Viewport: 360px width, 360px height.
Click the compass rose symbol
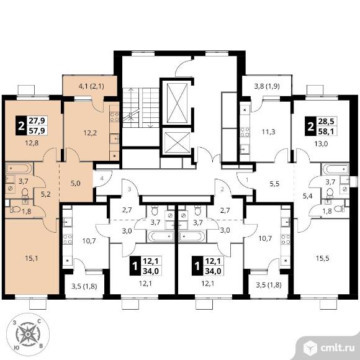click(x=27, y=335)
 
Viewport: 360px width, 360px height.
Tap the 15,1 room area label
click(x=32, y=259)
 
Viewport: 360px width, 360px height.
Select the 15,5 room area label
click(x=322, y=258)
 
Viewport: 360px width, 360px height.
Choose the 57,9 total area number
click(x=37, y=130)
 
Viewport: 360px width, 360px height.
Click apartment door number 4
click(x=102, y=178)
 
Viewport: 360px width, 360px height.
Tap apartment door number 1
click(x=247, y=180)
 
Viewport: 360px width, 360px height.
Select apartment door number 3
click(x=130, y=189)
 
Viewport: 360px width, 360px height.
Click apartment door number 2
click(x=222, y=189)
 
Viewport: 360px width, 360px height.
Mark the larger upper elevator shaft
click(x=177, y=103)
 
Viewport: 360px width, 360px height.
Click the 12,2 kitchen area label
click(x=90, y=133)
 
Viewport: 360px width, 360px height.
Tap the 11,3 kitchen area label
click(x=268, y=132)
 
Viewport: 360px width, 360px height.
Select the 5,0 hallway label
click(x=76, y=183)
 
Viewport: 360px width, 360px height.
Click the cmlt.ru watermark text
click(x=338, y=348)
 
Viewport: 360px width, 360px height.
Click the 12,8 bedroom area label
click(x=32, y=143)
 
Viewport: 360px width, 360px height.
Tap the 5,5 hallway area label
click(x=274, y=184)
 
